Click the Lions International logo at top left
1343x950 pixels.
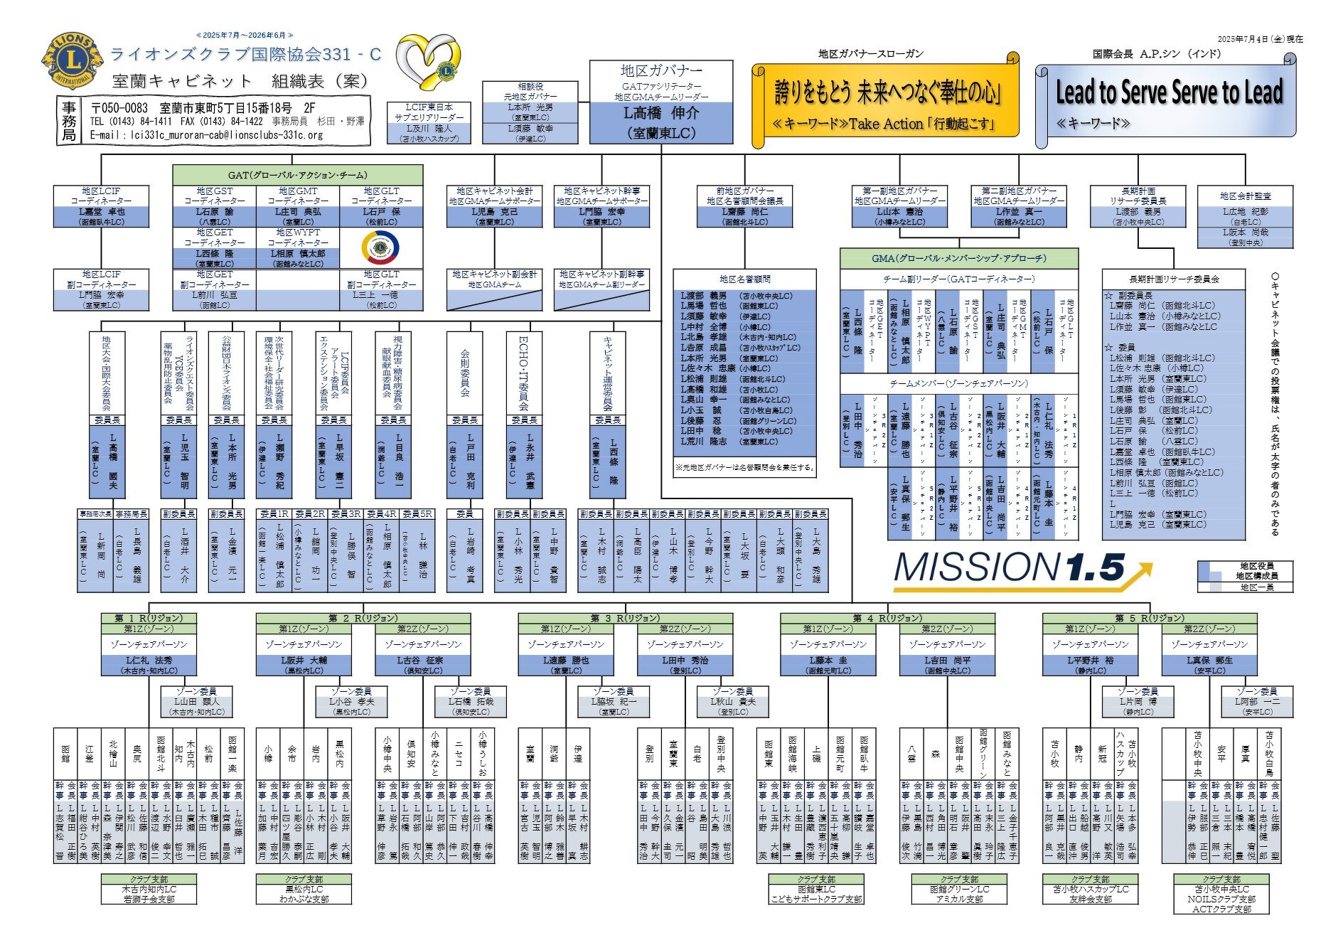[x=73, y=61]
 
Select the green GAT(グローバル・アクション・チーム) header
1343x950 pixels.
[x=298, y=175]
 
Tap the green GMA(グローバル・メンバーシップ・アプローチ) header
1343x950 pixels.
[x=958, y=258]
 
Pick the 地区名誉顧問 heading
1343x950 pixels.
[x=744, y=279]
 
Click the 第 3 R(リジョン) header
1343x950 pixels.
[x=625, y=618]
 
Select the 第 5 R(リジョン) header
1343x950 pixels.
[x=1150, y=618]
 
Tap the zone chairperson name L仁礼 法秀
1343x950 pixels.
[x=149, y=661]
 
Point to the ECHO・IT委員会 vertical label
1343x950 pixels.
[x=524, y=373]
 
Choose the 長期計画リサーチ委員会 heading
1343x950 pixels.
[x=1174, y=279]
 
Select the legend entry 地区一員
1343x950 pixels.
[x=1257, y=587]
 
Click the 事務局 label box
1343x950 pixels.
[x=69, y=121]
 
